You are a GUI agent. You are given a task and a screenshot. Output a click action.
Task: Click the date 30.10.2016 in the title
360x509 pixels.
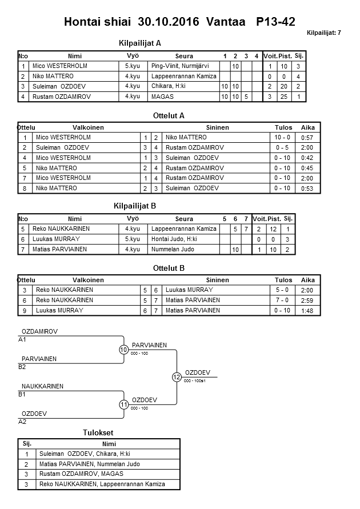pos(169,22)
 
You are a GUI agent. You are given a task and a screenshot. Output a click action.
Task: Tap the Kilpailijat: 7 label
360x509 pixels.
pos(324,33)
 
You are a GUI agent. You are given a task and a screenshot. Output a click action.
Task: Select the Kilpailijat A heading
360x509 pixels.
pos(140,43)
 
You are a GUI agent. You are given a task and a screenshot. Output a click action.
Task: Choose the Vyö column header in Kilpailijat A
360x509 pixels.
pos(133,56)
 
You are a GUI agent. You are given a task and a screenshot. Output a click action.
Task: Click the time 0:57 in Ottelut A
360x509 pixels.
pos(306,138)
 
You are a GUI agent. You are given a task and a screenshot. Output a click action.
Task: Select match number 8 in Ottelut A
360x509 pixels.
pos(25,189)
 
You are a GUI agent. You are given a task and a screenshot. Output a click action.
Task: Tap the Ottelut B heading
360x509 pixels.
pos(169,268)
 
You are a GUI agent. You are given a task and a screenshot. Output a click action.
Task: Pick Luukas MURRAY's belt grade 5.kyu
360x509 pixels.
pos(133,239)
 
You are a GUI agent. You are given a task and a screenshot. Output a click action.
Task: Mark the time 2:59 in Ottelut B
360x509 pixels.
pos(307,300)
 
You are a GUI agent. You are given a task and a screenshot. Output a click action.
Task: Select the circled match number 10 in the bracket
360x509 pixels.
pos(124,350)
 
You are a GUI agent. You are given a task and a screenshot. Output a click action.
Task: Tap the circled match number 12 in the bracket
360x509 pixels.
pos(177,377)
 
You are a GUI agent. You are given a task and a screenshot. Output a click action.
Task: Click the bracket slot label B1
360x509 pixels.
pos(23,394)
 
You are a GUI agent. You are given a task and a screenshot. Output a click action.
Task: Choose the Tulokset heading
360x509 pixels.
pos(99,433)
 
